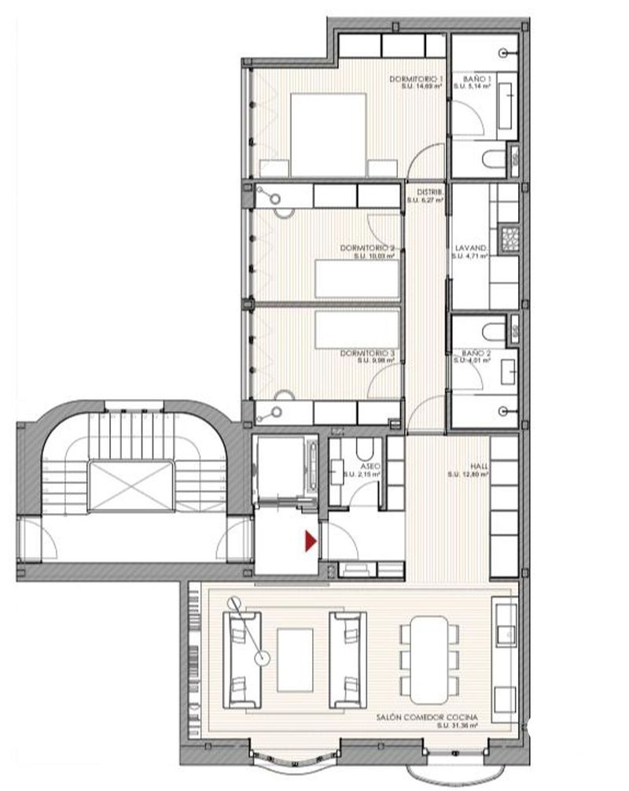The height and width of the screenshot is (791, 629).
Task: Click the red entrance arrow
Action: click(311, 541)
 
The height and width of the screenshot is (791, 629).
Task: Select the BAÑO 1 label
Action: click(473, 80)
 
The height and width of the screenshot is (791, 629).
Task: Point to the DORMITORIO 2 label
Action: click(367, 249)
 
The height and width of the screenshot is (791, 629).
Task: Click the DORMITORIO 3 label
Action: click(367, 354)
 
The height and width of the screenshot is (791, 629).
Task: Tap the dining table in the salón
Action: click(429, 657)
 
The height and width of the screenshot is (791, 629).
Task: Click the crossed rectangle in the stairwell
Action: click(131, 488)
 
